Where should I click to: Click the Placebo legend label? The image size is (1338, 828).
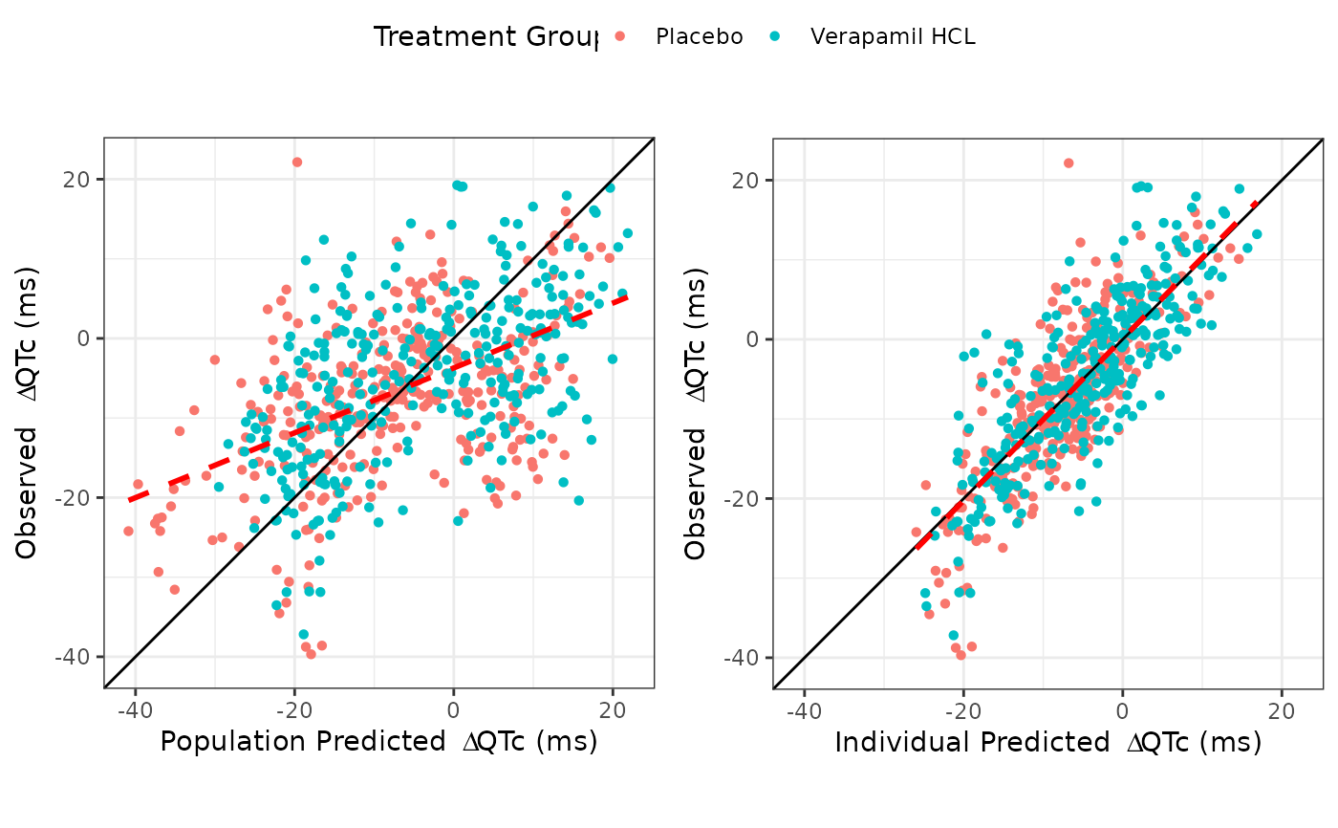click(x=699, y=37)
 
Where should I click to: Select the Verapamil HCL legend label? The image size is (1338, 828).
click(x=893, y=37)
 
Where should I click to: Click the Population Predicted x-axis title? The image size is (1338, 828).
click(x=378, y=742)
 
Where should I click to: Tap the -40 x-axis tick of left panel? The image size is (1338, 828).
click(x=135, y=711)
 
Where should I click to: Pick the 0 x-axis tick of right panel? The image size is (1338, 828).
click(x=1123, y=712)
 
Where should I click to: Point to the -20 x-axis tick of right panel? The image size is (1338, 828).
click(x=963, y=712)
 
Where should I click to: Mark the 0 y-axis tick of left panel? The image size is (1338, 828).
click(x=85, y=338)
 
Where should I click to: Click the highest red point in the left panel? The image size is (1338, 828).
click(x=297, y=163)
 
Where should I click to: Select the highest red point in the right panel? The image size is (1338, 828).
click(x=1068, y=163)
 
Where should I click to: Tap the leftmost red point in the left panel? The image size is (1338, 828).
click(x=128, y=531)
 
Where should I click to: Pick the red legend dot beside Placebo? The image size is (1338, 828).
click(x=620, y=37)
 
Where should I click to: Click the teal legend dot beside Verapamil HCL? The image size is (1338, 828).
click(x=775, y=37)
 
